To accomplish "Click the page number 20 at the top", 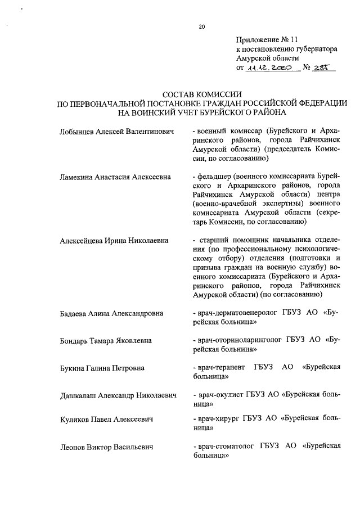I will click(x=201, y=26).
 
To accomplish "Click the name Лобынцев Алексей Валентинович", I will click(x=116, y=132).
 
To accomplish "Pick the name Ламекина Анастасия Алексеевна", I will click(x=115, y=177).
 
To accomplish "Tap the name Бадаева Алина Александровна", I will click(x=111, y=313).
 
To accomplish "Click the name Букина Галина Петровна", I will click(x=102, y=368).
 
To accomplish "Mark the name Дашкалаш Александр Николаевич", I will click(x=118, y=395).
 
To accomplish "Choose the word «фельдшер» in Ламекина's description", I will click(x=213, y=177).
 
